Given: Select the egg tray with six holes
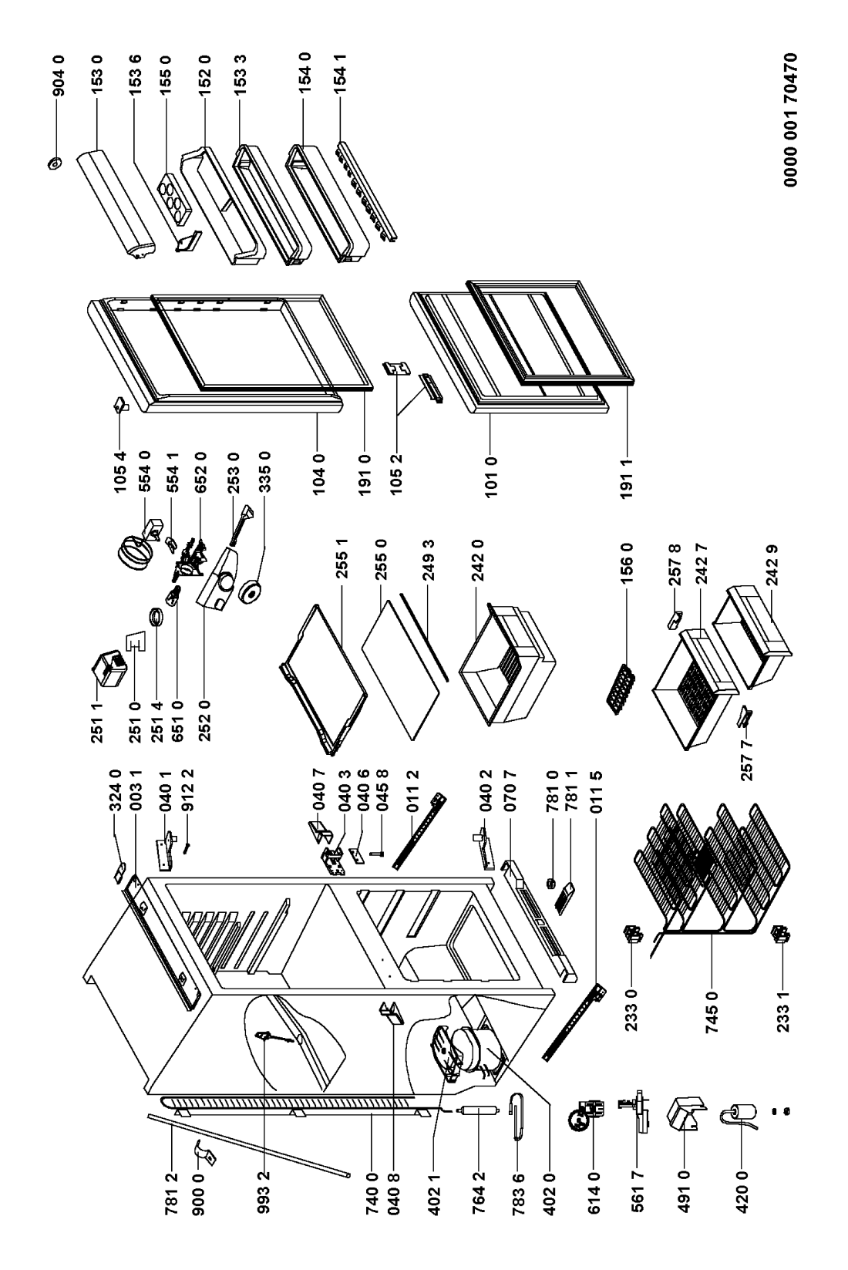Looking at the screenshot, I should pos(173,190).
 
